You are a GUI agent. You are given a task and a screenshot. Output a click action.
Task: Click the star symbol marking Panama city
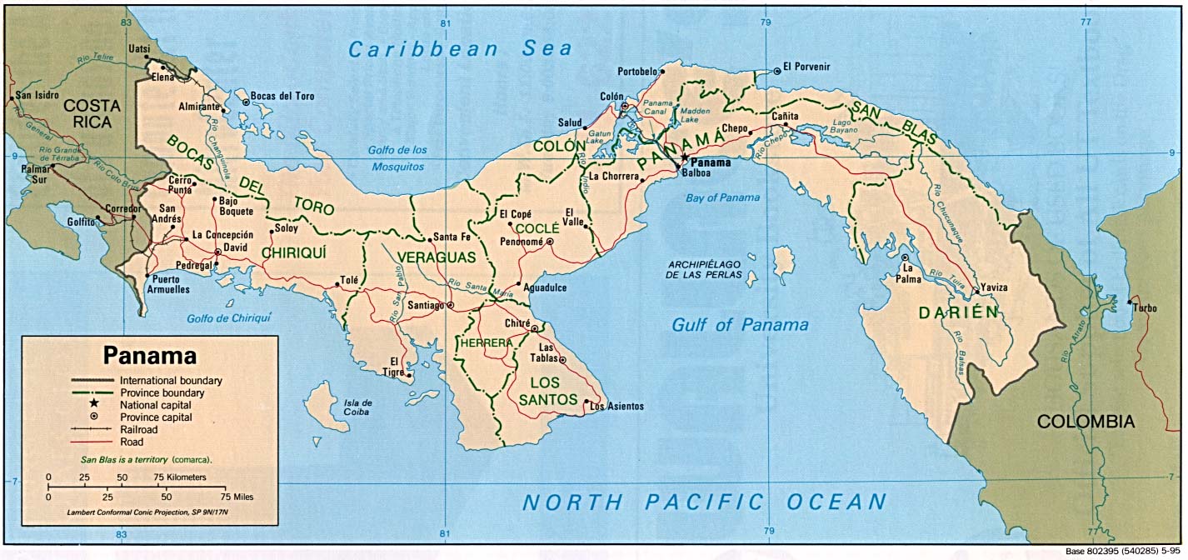coord(685,157)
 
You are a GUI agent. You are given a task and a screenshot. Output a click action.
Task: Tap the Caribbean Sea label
coord(461,49)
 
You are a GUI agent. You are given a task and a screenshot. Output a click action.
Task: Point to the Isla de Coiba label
coord(357,407)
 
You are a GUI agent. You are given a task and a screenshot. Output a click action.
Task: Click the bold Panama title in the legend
coord(150,356)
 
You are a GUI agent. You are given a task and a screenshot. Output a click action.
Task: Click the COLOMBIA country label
coord(1086,422)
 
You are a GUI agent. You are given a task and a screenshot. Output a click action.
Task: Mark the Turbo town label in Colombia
coord(1145,308)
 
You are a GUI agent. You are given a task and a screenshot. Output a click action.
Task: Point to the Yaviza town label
coord(994,287)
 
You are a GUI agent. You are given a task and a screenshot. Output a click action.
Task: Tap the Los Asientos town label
coord(616,407)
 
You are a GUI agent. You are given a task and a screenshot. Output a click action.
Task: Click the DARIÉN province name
coord(958,313)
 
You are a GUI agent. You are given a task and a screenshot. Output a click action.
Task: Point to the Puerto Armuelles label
coord(168,284)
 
